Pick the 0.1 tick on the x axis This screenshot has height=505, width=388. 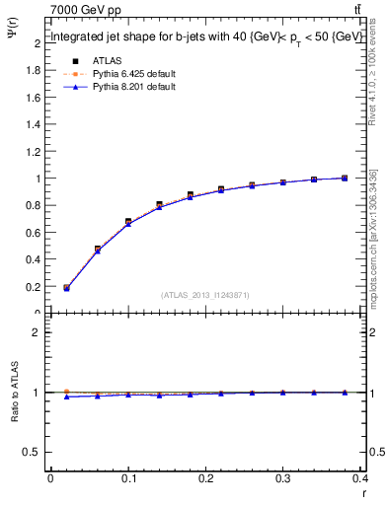point(128,477)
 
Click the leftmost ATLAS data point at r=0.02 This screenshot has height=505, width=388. point(66,288)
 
